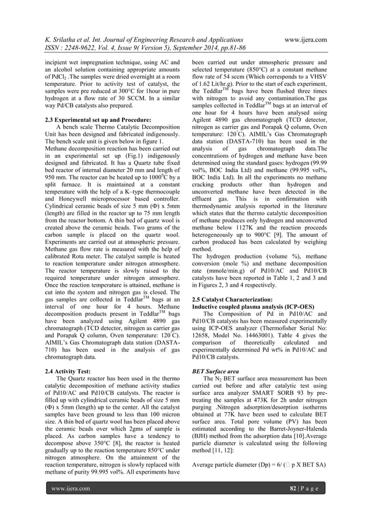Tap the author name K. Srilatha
65,40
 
